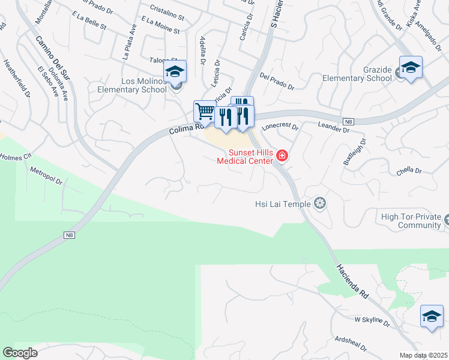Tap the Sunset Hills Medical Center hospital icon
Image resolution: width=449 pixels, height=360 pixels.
click(282, 157)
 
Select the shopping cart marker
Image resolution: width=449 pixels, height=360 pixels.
click(204, 112)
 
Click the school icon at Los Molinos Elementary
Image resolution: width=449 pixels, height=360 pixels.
click(175, 72)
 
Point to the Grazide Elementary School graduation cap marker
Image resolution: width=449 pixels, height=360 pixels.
click(411, 68)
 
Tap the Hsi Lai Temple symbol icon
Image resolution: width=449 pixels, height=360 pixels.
click(320, 204)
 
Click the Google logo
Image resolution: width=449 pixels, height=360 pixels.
click(20, 353)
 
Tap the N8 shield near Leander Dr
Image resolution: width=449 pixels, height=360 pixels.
click(349, 122)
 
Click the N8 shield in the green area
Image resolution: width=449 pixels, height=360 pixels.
click(70, 236)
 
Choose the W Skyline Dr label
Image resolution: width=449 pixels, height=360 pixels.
click(372, 320)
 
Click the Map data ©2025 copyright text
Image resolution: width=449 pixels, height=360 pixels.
click(423, 355)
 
